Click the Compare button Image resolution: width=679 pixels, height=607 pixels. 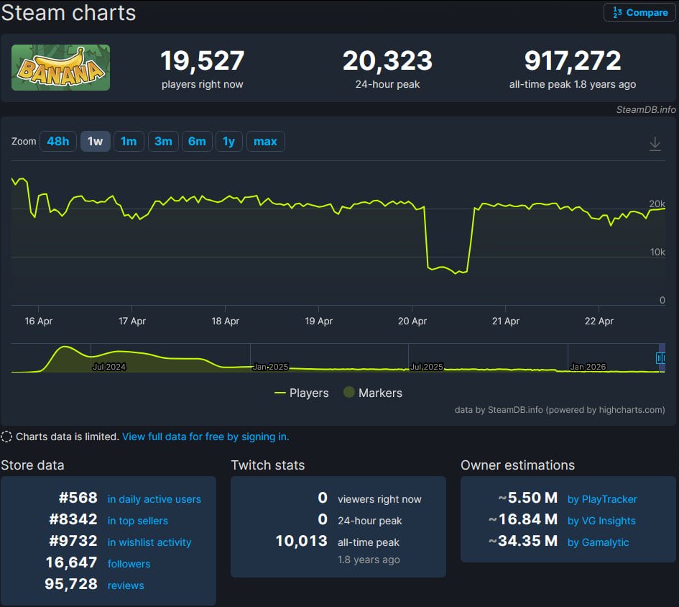[x=639, y=13]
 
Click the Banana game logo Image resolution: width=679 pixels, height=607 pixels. [x=60, y=68]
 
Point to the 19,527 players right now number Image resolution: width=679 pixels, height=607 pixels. [x=202, y=61]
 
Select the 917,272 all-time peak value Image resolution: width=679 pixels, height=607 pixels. [x=572, y=61]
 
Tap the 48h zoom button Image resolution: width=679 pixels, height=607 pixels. [x=57, y=142]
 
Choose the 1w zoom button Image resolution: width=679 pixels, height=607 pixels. [x=95, y=142]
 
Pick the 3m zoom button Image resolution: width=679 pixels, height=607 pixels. [x=163, y=142]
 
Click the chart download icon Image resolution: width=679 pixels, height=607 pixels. [x=655, y=144]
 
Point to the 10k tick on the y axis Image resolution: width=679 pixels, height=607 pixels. [x=657, y=252]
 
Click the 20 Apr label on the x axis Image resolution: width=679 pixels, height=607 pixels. [x=412, y=321]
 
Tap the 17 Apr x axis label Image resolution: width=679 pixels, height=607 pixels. [x=132, y=321]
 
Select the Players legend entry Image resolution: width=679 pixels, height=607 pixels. [x=302, y=393]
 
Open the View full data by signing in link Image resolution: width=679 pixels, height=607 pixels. [x=205, y=437]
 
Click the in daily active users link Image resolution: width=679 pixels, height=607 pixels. [x=154, y=499]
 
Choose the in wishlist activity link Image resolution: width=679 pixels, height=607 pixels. [x=149, y=542]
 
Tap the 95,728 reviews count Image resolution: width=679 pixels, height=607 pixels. [x=71, y=585]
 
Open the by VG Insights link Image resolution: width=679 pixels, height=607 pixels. [x=601, y=521]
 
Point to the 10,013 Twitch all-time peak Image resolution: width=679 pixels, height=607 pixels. [x=301, y=542]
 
